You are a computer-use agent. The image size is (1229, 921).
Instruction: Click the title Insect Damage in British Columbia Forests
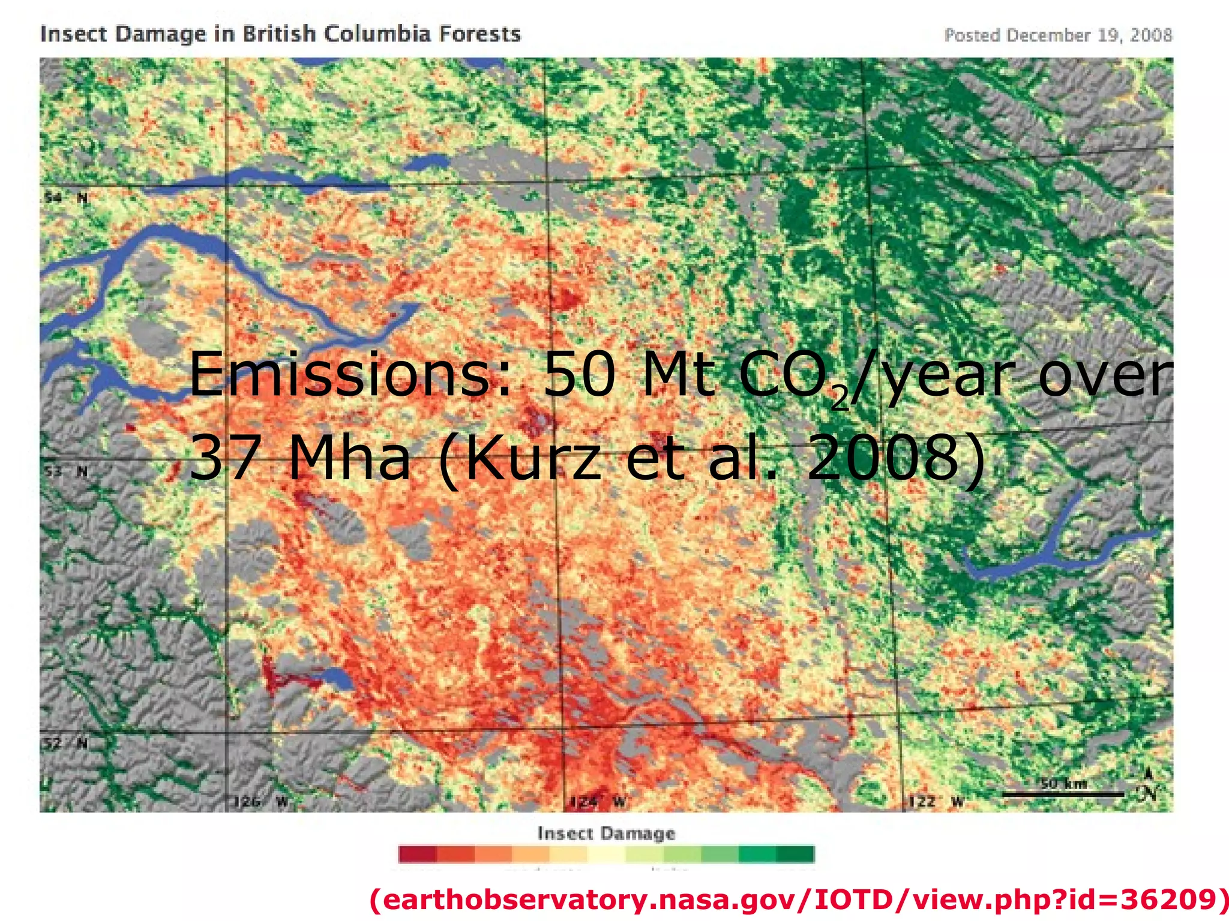(x=280, y=34)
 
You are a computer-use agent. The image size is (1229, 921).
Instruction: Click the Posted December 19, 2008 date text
(x=1058, y=35)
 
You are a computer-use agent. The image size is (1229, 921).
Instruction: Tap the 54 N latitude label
(x=65, y=197)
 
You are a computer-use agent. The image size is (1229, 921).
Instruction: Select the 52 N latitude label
(x=65, y=744)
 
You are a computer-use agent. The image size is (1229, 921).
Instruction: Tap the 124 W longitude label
(x=596, y=802)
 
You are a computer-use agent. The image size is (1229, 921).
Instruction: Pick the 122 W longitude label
(x=936, y=802)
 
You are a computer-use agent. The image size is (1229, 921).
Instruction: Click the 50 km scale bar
(x=1063, y=793)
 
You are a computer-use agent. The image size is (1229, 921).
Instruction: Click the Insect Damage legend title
(x=606, y=833)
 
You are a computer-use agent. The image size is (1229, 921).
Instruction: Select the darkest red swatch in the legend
(x=418, y=854)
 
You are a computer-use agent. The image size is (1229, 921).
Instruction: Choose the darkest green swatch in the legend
(x=795, y=854)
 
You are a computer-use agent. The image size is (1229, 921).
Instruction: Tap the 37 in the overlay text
(x=226, y=459)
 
